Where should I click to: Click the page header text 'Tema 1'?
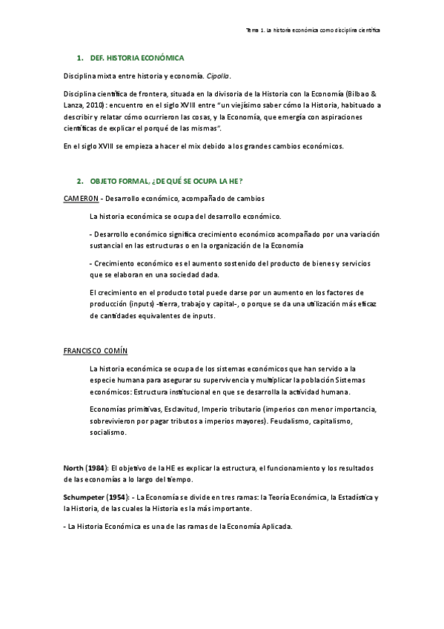click(x=255, y=30)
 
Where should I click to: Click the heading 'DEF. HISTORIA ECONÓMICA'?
click(x=136, y=57)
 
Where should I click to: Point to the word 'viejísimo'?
click(x=248, y=105)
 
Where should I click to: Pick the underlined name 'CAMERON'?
click(x=81, y=199)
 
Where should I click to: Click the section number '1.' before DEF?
click(x=80, y=57)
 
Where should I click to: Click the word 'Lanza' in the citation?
click(x=75, y=105)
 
